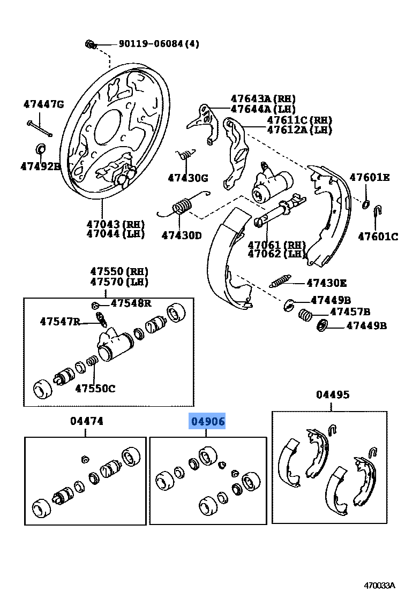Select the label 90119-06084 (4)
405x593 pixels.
point(151,44)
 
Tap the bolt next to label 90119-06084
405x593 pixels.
point(89,44)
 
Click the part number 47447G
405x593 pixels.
point(43,104)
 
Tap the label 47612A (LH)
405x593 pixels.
point(299,130)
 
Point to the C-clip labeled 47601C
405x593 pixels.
point(377,211)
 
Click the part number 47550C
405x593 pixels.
point(94,388)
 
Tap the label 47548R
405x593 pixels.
point(131,303)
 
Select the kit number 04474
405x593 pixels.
point(87,421)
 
